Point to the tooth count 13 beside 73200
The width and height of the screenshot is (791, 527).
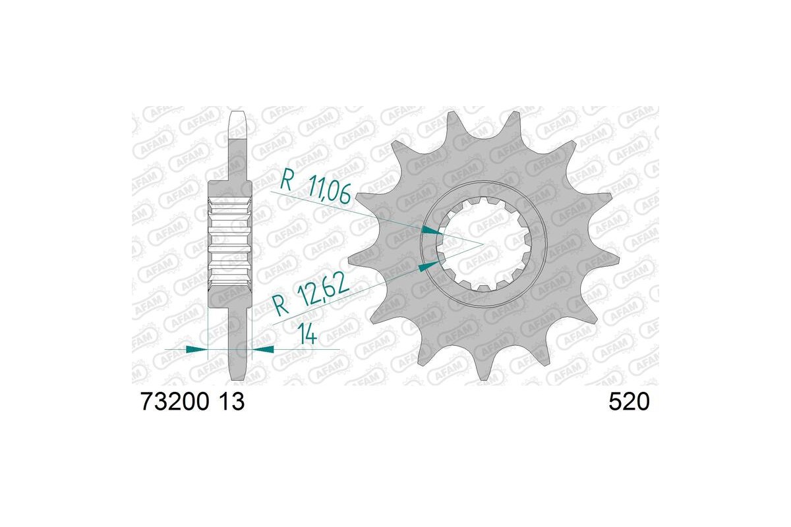[232, 402]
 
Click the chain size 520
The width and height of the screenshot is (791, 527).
[629, 402]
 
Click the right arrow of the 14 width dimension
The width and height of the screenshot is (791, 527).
[263, 349]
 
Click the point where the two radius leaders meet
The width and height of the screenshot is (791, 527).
[483, 244]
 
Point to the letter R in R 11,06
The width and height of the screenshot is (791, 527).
[286, 179]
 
